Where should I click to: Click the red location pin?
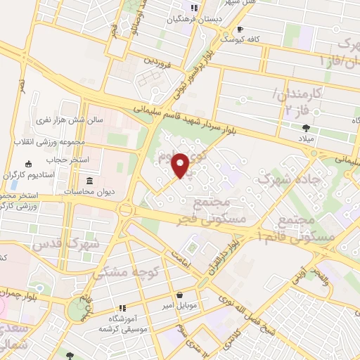tap(181, 165)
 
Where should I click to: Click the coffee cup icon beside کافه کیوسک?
tap(240, 29)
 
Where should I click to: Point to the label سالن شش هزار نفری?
tap(71, 120)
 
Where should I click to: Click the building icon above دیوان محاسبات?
tap(89, 180)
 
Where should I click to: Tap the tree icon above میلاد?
tap(305, 127)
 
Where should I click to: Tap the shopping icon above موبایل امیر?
tap(181, 295)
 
